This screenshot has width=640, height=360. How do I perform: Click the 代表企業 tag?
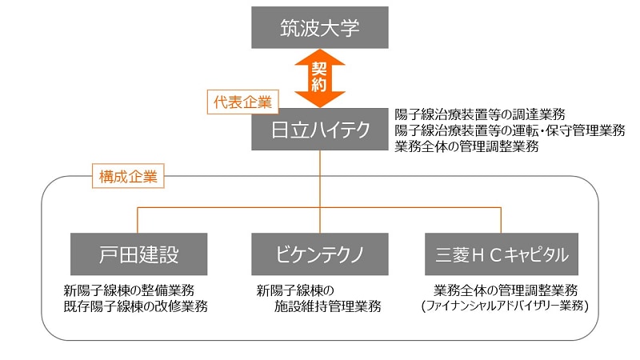click(241, 102)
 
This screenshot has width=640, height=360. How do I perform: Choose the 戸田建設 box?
click(138, 254)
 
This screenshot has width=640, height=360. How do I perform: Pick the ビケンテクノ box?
click(320, 254)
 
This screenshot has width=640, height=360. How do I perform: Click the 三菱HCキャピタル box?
click(502, 254)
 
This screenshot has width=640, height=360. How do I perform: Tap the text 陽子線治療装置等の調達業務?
click(480, 114)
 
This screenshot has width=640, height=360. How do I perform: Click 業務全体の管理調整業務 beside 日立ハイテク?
click(466, 146)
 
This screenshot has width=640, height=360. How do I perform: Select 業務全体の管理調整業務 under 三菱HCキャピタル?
click(506, 290)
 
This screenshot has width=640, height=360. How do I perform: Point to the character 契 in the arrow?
click(320, 68)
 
